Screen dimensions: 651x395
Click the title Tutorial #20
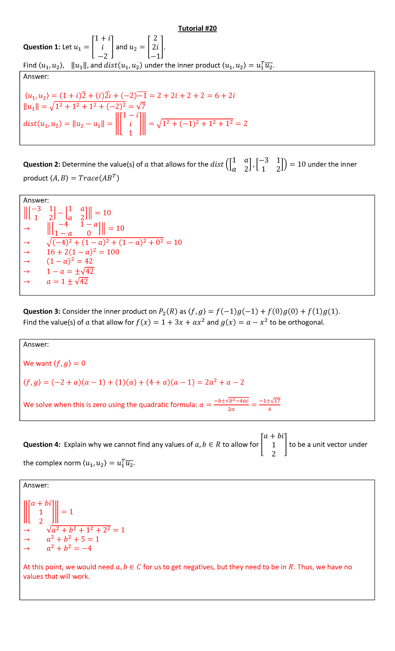[197, 29]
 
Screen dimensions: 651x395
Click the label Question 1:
[42, 47]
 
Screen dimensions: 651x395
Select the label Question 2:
[42, 164]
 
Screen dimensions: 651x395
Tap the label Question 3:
[42, 312]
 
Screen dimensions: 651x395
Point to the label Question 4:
[42, 445]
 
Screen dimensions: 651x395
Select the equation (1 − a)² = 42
[70, 261]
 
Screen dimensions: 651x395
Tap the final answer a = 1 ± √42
[67, 282]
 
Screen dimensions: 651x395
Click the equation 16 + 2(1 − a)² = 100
[83, 252]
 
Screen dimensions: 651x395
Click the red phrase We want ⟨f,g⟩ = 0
[54, 364]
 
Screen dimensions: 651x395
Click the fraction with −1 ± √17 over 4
[270, 405]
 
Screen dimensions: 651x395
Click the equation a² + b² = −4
[69, 549]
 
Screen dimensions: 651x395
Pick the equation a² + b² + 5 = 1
[73, 539]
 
